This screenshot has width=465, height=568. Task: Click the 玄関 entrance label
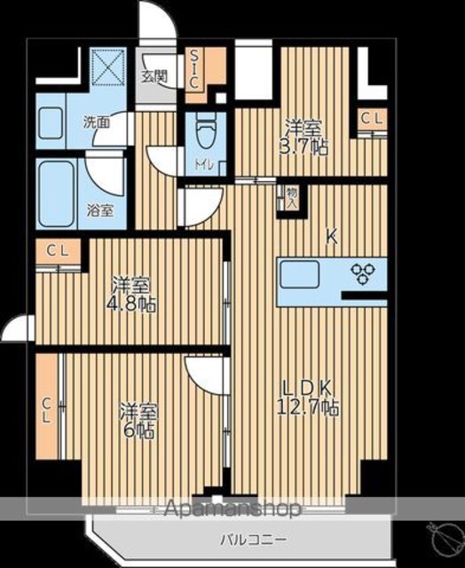pyautogui.click(x=154, y=76)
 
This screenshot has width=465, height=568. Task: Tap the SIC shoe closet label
pyautogui.click(x=195, y=70)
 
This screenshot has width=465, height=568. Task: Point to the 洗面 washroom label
pyautogui.click(x=97, y=122)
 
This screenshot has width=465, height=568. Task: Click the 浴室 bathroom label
pyautogui.click(x=100, y=210)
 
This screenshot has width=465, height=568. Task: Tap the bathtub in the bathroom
pyautogui.click(x=56, y=193)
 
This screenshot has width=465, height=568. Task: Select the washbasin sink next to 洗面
pyautogui.click(x=51, y=123)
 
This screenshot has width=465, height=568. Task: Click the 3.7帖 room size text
pyautogui.click(x=303, y=147)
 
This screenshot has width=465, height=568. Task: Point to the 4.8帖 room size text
pyautogui.click(x=130, y=304)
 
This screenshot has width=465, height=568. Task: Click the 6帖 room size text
pyautogui.click(x=138, y=431)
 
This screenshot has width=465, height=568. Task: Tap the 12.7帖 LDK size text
pyautogui.click(x=308, y=408)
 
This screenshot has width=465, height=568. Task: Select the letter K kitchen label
pyautogui.click(x=332, y=238)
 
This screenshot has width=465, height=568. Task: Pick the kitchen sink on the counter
pyautogui.click(x=299, y=274)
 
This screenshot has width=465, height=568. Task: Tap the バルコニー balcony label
pyautogui.click(x=254, y=540)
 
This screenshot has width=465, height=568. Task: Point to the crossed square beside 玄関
pyautogui.click(x=107, y=67)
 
